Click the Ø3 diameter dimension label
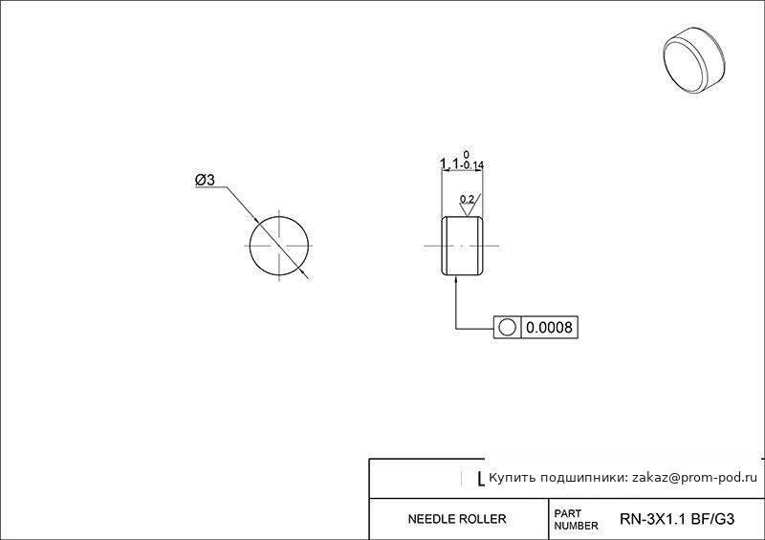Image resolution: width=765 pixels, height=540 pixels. tap(205, 180)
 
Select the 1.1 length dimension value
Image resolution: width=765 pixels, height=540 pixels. tap(449, 163)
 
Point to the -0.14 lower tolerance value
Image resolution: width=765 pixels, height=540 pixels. tap(471, 165)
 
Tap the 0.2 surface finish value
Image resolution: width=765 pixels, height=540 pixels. tap(467, 200)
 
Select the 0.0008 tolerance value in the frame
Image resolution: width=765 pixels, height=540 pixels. tap(549, 327)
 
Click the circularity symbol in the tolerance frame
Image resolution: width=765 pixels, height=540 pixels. tap(508, 327)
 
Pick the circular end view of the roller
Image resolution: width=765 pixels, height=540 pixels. tap(279, 246)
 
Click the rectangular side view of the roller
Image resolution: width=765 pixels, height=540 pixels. tap(463, 246)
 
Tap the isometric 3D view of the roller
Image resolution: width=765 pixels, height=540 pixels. tap(694, 60)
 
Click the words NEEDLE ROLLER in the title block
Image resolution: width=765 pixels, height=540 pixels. tap(457, 519)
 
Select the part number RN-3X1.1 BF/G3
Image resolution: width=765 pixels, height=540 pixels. tap(677, 519)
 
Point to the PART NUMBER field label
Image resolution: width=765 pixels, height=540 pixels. tap(576, 520)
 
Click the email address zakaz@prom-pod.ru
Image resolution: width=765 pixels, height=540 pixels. tap(695, 478)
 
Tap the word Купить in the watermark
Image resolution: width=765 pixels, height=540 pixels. tap(509, 478)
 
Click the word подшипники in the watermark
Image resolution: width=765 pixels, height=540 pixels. tap(580, 478)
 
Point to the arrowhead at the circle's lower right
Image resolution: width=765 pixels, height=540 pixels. tap(304, 274)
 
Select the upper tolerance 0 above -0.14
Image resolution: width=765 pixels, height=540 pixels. tap(467, 155)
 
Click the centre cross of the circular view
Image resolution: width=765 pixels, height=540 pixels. tap(279, 246)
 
